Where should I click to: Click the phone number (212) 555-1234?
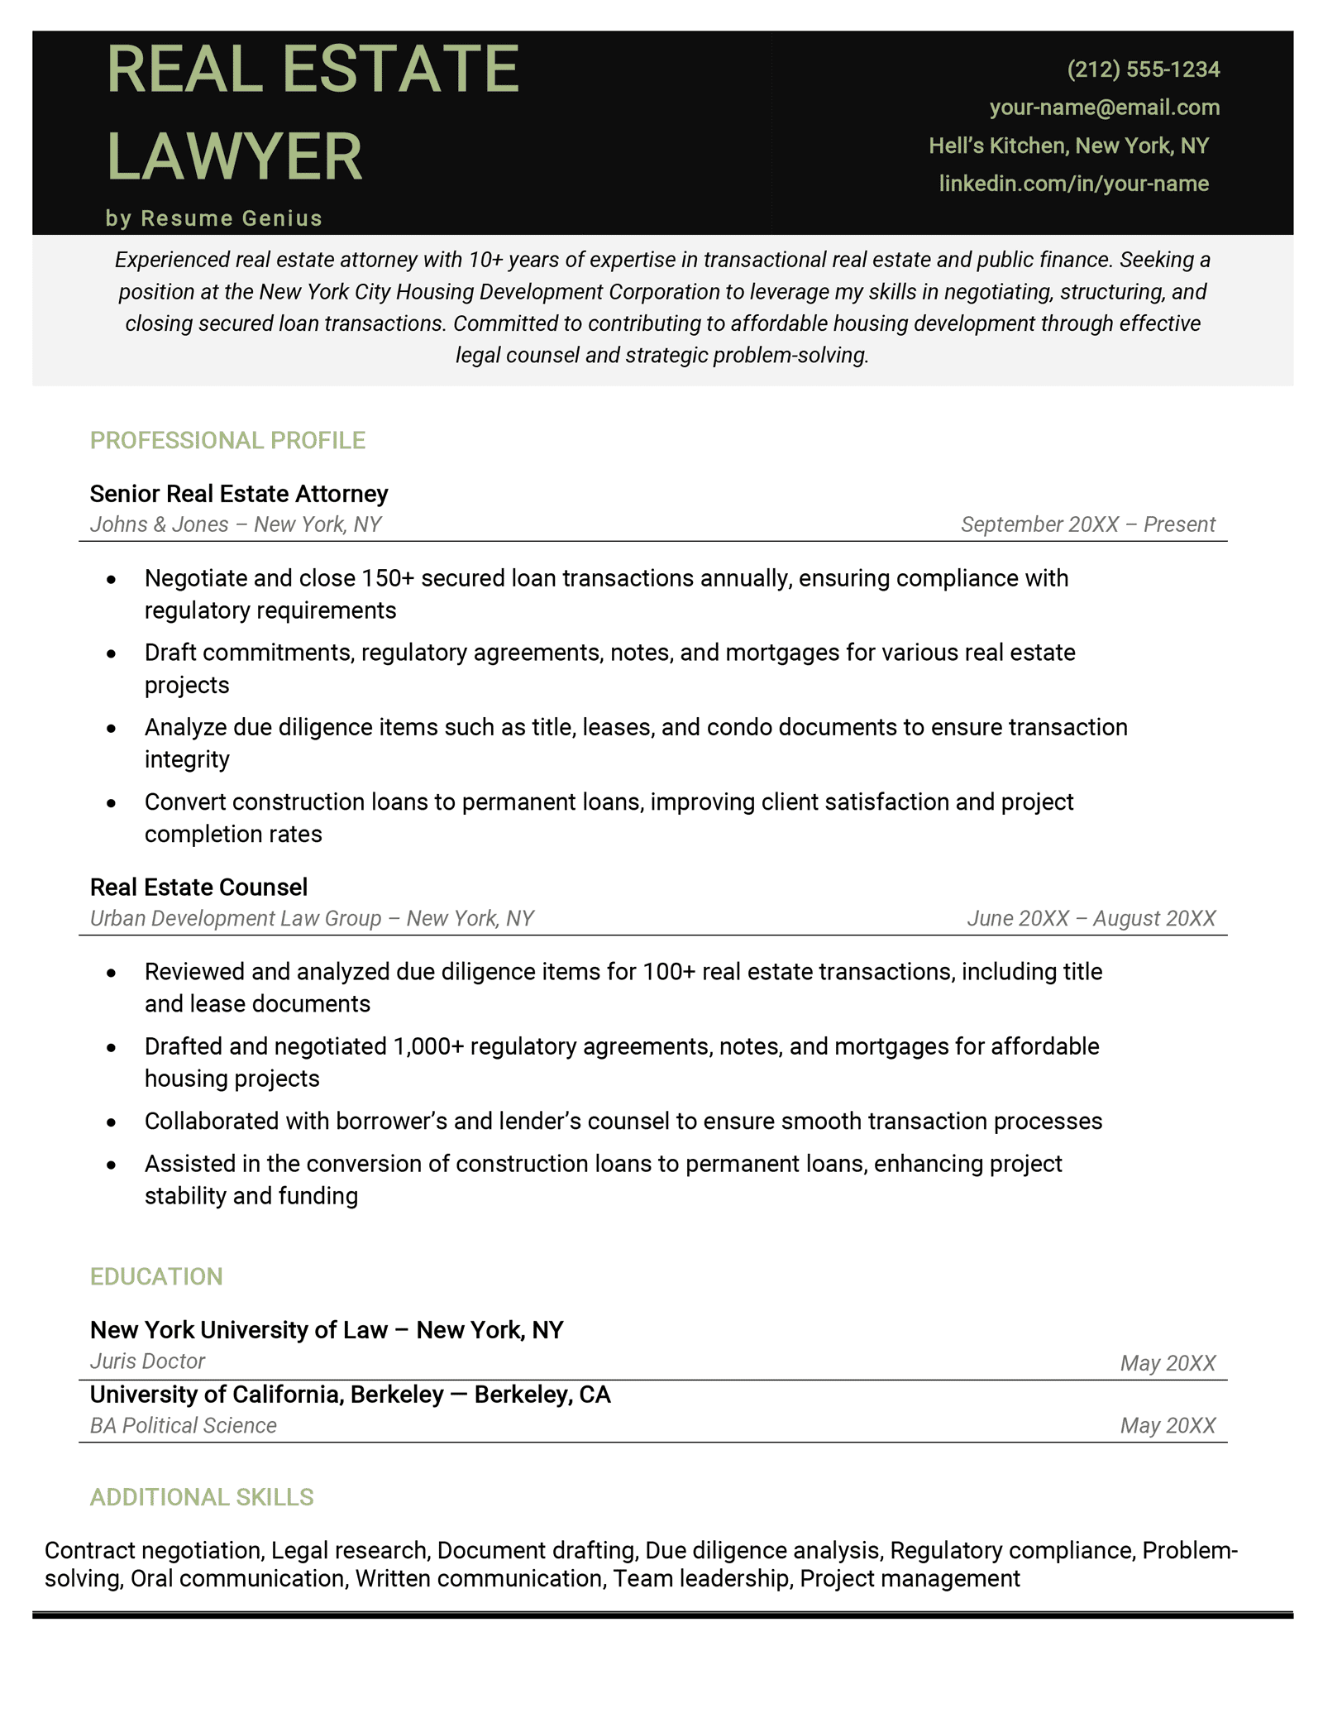[x=1143, y=69]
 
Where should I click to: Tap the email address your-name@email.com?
[x=1104, y=108]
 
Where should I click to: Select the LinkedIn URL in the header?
[x=1073, y=184]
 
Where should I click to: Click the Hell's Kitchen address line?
[x=1068, y=146]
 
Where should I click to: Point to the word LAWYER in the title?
[x=234, y=156]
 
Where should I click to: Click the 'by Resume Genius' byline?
[x=214, y=218]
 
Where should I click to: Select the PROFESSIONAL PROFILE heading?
[x=227, y=440]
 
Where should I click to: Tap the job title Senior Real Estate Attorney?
[x=239, y=494]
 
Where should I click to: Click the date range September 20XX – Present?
[x=1087, y=524]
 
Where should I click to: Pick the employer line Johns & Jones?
[x=236, y=524]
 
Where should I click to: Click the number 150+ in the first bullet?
[x=388, y=578]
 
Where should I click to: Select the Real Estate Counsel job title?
[x=198, y=888]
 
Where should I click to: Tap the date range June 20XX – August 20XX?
[x=1091, y=918]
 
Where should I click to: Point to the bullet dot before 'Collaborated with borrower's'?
[x=112, y=1122]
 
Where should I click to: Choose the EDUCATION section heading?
[x=156, y=1276]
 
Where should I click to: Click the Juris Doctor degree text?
[x=147, y=1361]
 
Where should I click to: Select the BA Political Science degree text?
[x=183, y=1426]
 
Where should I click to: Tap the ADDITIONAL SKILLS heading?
[x=202, y=1497]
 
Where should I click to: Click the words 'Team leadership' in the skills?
[x=700, y=1579]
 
